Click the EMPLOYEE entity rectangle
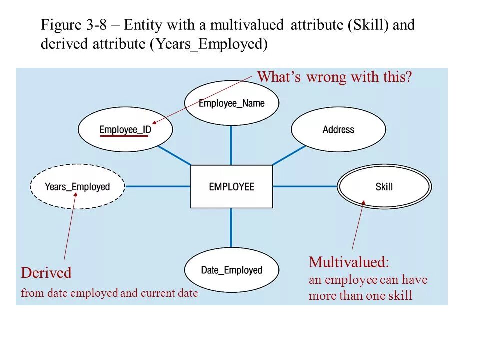pos(231,186)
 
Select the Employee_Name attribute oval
pos(231,103)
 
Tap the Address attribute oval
pos(338,129)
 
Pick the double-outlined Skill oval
pos(384,187)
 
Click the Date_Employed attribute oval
pos(231,270)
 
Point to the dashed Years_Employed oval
pos(77,187)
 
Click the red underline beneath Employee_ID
pos(123,136)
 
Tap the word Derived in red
pos(46,273)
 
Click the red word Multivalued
pos(348,262)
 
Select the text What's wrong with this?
pos(334,77)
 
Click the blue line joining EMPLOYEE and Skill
pos(305,186)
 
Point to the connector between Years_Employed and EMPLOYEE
pos(158,186)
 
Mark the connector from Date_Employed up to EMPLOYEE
pos(231,228)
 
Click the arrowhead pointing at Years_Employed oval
pos(75,195)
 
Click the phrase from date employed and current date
pos(109,293)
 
